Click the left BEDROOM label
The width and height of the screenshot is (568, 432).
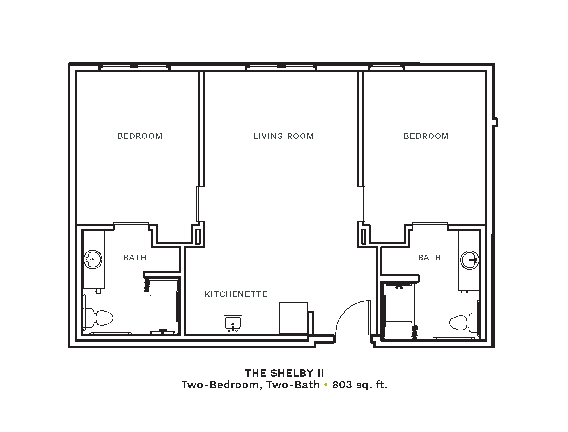click(x=140, y=136)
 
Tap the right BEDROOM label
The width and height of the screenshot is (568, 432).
click(x=426, y=136)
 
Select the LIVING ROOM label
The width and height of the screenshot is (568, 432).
click(x=283, y=136)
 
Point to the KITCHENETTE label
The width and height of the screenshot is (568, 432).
click(x=236, y=294)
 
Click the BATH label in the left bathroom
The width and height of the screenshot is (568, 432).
click(x=135, y=258)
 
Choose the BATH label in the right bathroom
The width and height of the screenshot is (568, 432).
click(x=429, y=258)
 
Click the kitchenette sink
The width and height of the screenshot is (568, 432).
click(x=233, y=324)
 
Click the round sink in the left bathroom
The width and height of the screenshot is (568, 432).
click(x=93, y=259)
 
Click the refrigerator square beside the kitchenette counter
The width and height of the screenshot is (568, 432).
click(x=293, y=318)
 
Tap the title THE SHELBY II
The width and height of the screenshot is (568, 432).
click(x=284, y=373)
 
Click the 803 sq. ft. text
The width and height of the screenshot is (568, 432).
click(x=360, y=385)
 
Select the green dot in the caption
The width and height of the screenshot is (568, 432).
click(x=326, y=385)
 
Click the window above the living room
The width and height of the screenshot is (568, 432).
click(x=281, y=67)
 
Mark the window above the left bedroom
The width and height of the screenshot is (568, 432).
click(x=134, y=67)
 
